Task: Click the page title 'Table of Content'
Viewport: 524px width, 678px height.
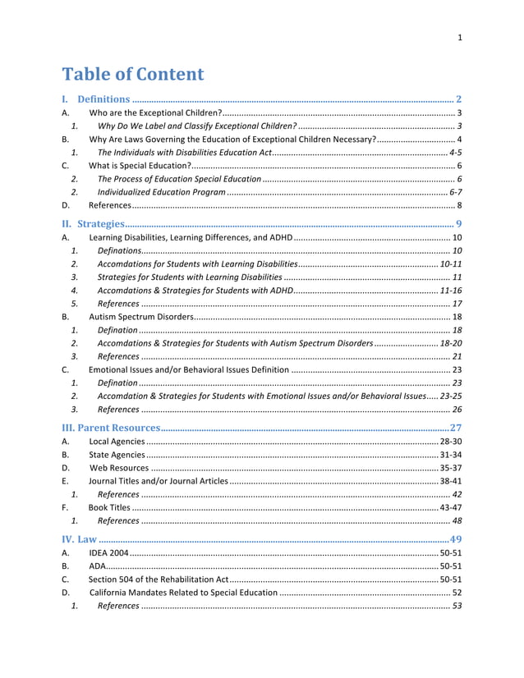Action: [x=133, y=74]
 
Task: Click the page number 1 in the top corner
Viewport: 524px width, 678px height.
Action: [x=460, y=37]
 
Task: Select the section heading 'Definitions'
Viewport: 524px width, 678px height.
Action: [x=103, y=99]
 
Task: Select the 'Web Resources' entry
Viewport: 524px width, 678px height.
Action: [x=118, y=468]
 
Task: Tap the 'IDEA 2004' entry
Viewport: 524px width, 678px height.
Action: [x=108, y=553]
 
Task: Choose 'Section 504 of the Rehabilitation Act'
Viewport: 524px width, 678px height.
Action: [x=159, y=580]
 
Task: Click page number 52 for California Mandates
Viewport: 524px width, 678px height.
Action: [x=457, y=593]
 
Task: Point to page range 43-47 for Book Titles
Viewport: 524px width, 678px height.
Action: [x=450, y=507]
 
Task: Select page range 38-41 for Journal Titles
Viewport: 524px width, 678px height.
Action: [x=450, y=481]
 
